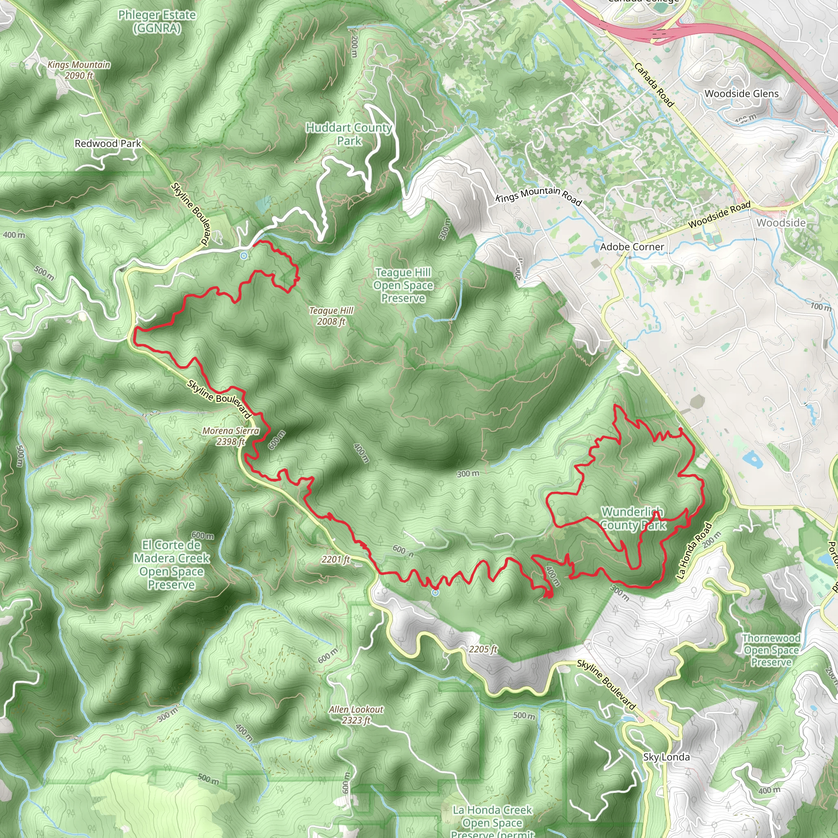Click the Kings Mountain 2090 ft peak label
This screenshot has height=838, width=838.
(x=79, y=70)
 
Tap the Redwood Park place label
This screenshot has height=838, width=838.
(x=108, y=143)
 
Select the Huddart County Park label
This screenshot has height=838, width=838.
(x=349, y=134)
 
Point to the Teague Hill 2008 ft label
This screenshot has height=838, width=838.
(x=331, y=316)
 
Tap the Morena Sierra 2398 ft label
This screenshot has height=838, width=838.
(x=231, y=436)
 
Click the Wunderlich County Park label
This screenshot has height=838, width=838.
(x=633, y=518)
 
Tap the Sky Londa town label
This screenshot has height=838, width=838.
(x=666, y=757)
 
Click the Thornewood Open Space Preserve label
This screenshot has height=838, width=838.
(x=771, y=650)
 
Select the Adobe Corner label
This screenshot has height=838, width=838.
(x=632, y=247)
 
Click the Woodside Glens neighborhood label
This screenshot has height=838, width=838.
(x=741, y=94)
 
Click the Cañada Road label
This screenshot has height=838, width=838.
(x=654, y=85)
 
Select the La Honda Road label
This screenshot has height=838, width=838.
(x=694, y=551)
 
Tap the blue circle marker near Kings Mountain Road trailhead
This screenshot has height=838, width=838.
(x=244, y=256)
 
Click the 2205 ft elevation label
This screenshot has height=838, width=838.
(x=483, y=649)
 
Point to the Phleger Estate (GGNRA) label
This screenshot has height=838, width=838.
(x=157, y=21)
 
